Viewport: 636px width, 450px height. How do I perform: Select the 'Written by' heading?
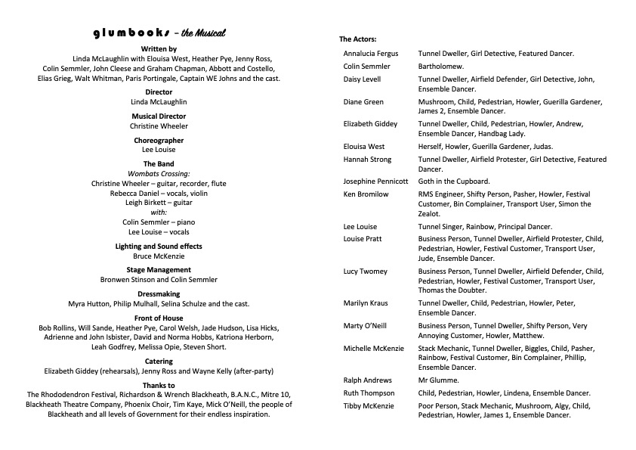coord(159,48)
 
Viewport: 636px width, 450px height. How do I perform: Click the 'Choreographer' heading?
coord(159,141)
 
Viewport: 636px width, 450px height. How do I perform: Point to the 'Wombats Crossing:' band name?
coord(159,174)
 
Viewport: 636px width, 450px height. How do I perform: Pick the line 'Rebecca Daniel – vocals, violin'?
coord(159,194)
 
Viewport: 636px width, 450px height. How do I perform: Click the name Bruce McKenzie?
coord(159,256)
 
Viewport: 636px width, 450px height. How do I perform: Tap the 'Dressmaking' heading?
coord(159,294)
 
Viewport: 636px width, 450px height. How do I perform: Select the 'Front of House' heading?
coord(159,318)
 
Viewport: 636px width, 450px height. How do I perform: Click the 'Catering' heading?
coord(159,362)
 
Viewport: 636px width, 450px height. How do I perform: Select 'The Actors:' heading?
coord(357,39)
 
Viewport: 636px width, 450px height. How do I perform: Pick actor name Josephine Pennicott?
coord(375,182)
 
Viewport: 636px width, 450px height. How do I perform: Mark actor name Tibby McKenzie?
coord(369,406)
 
